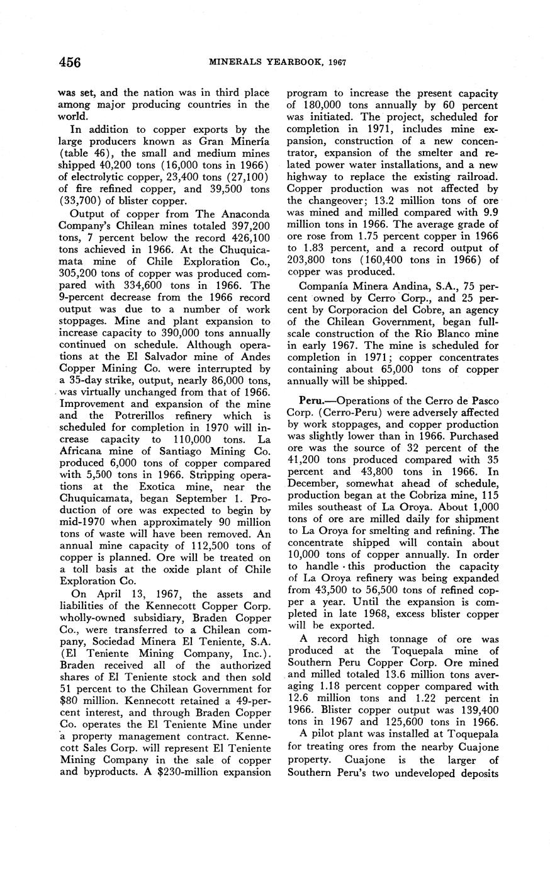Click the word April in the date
pos(98,594)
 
